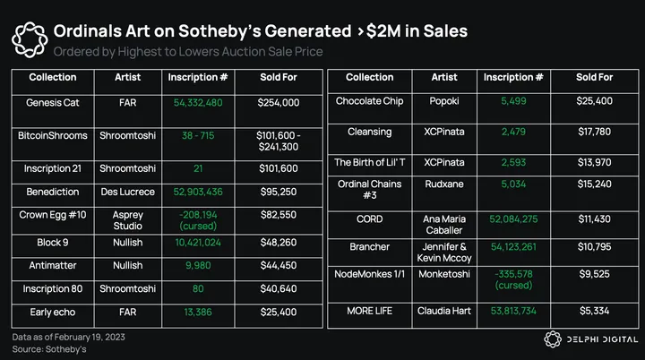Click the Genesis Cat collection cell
pos(53,103)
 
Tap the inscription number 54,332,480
pos(199,103)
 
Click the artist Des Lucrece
pos(128,191)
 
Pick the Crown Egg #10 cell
pos(53,215)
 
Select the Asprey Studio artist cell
pos(128,220)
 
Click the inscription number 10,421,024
pos(199,242)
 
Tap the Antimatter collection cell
pos(53,266)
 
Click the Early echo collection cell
pos(53,313)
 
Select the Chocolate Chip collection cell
pos(369,101)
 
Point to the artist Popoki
pos(444,101)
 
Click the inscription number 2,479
pos(513,132)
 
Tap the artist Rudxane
pos(444,184)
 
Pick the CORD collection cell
pos(369,218)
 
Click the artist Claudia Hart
pos(444,309)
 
